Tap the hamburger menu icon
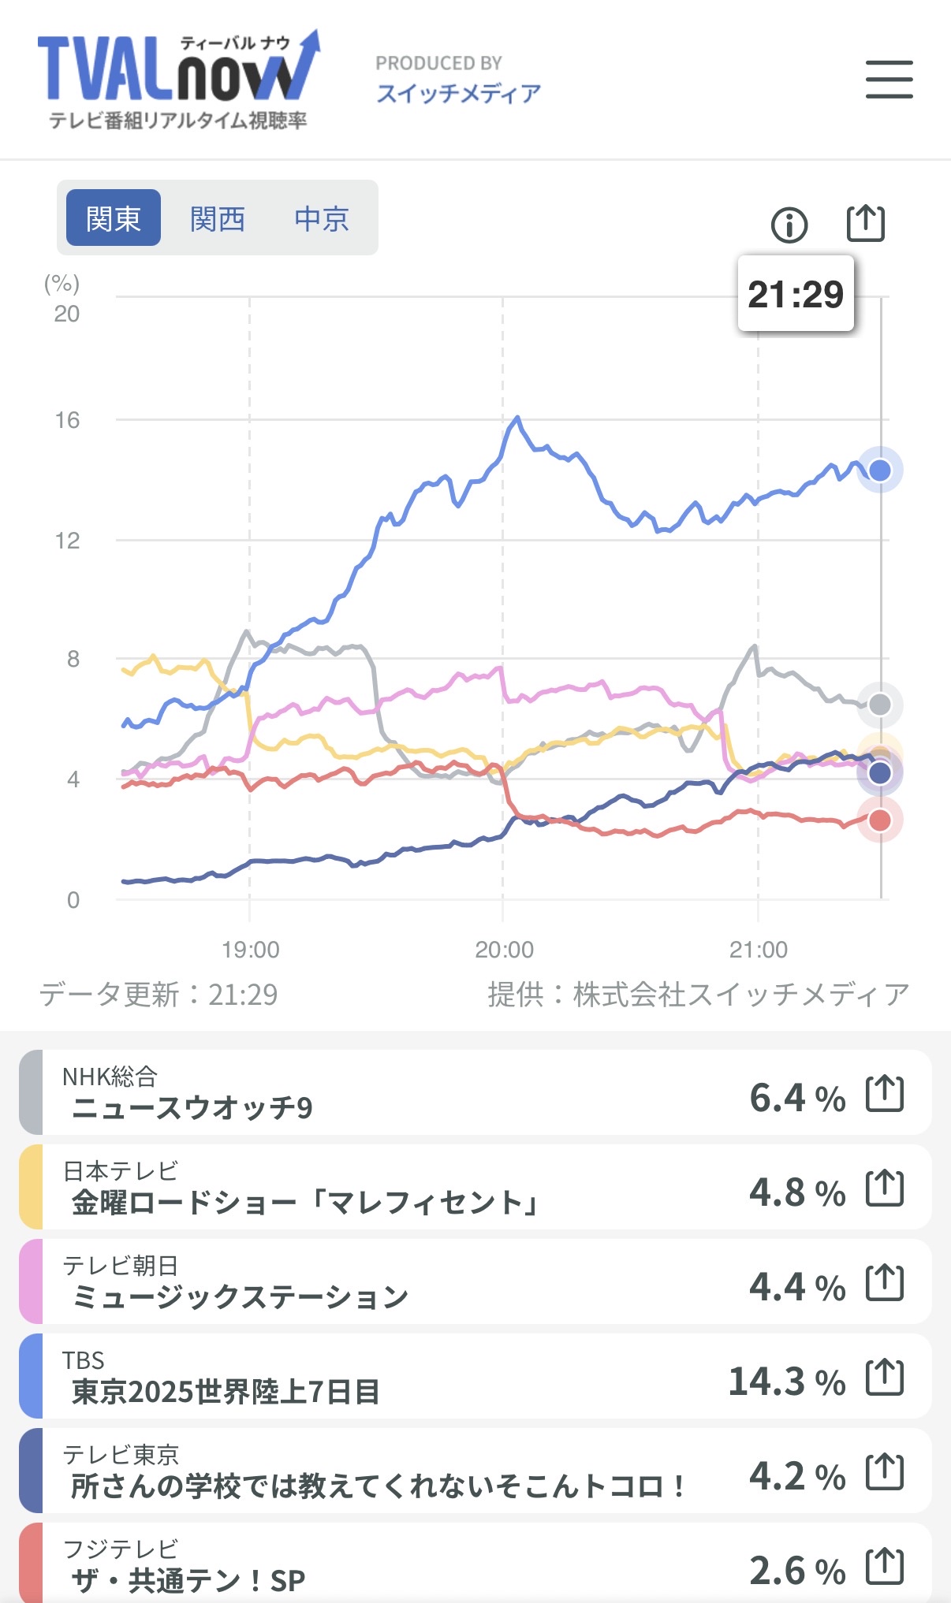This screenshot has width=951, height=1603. tap(889, 80)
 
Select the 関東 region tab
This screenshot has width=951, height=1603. tap(114, 218)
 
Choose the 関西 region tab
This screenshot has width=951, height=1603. tap(218, 218)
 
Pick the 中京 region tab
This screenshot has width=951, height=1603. tap(322, 218)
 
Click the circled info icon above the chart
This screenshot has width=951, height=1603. tap(789, 225)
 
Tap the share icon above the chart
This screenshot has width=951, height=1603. tap(865, 224)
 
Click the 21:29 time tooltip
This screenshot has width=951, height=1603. tap(796, 294)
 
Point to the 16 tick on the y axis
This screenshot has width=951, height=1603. tap(67, 420)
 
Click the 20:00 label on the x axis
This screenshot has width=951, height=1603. tap(504, 950)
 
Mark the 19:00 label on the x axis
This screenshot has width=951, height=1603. tap(250, 950)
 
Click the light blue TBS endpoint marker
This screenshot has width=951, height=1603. tap(879, 470)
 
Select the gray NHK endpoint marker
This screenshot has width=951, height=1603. tap(879, 705)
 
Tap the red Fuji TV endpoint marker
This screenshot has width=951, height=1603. tap(879, 820)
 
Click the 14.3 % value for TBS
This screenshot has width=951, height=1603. tap(786, 1382)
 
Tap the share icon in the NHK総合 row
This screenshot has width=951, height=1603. tap(884, 1093)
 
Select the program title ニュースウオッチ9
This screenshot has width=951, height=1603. tap(192, 1108)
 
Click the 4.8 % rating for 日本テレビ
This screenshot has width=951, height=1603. tap(796, 1192)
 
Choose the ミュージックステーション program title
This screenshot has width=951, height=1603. tap(240, 1297)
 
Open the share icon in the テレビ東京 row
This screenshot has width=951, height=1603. tap(884, 1471)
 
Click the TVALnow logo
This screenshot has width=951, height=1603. tap(178, 80)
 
